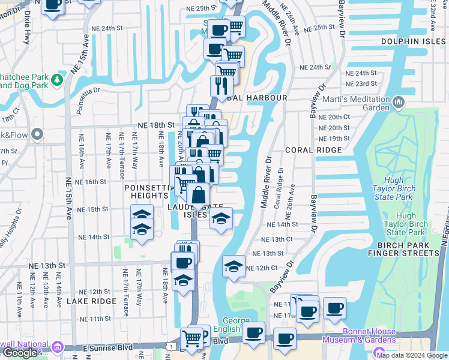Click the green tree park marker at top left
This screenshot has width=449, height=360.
[x=57, y=79]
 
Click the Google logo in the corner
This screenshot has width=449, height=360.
[x=20, y=353]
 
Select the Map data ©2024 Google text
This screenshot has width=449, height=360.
[x=412, y=355]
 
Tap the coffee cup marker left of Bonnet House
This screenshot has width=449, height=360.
[x=285, y=339]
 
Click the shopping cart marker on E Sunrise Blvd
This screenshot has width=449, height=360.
[x=191, y=337]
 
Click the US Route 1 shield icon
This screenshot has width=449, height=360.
[x=173, y=347]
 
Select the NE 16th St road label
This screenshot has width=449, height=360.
[x=91, y=181]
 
